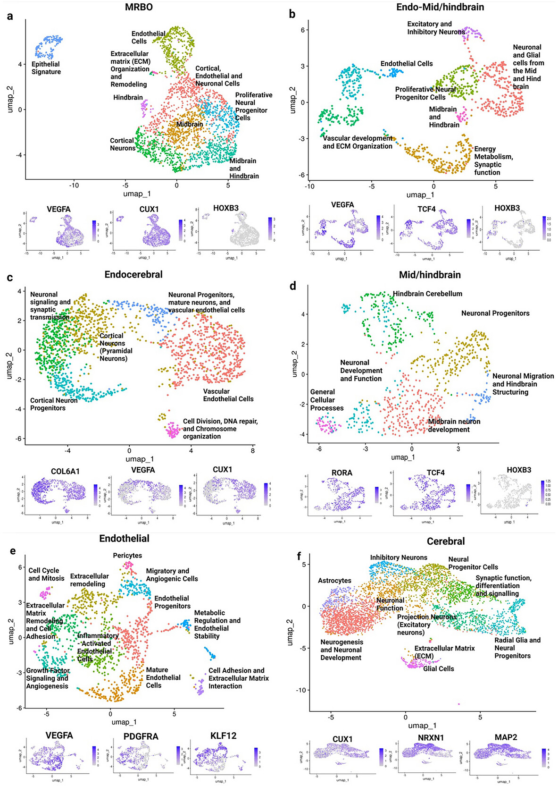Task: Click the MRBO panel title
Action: (x=139, y=7)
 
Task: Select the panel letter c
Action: (x=10, y=278)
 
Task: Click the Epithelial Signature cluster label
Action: (x=46, y=68)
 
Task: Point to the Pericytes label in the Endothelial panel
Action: (x=127, y=556)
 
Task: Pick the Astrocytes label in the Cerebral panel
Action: (x=334, y=581)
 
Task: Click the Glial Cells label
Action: (x=439, y=668)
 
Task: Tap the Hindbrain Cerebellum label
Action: (x=427, y=294)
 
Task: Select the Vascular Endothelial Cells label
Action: (x=228, y=395)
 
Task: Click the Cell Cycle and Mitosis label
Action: (x=46, y=575)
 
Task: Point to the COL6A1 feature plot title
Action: (x=65, y=471)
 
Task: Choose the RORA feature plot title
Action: (x=342, y=473)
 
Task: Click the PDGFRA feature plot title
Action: (x=141, y=736)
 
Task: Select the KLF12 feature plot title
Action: (x=224, y=736)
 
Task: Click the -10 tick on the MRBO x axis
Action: (x=74, y=185)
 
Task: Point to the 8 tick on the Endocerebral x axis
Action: (x=252, y=450)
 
